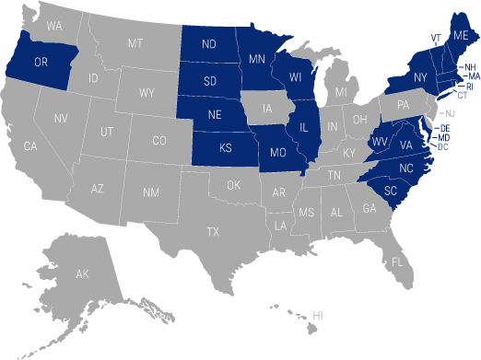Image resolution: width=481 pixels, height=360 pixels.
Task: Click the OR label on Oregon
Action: click(41, 63)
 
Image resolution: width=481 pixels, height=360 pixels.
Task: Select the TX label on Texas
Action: click(213, 231)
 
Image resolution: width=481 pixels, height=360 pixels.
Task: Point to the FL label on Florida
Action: click(397, 261)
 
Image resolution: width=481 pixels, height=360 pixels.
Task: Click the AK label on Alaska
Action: click(82, 274)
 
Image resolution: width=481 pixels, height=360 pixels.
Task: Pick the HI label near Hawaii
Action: click(318, 316)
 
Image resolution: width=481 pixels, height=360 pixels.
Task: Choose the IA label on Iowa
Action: click(267, 109)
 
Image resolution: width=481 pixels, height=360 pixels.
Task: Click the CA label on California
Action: click(30, 146)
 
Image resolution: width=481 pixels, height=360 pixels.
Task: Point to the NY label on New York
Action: click(421, 76)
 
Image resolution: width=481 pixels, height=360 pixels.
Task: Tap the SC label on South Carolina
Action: click(391, 191)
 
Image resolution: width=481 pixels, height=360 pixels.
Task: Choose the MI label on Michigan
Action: click(342, 92)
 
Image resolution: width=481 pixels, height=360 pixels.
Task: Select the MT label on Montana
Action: click(135, 42)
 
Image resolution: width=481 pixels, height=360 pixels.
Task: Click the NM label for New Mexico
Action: click(150, 192)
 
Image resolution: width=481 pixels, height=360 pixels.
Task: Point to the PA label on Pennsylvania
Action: click(403, 105)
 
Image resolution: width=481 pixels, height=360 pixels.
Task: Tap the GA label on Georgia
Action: click(370, 208)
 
